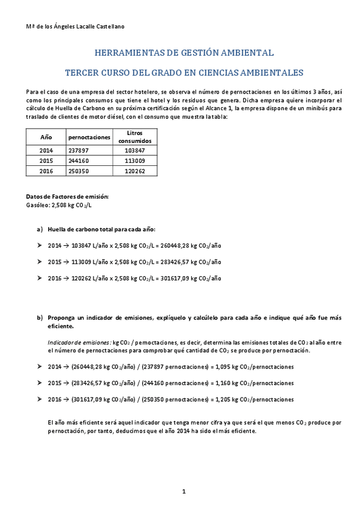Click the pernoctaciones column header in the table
89,137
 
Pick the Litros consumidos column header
134,137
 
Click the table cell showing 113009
134,160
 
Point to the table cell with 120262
134,171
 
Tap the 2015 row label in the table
46,160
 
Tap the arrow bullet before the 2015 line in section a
40,262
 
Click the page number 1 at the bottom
184,492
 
